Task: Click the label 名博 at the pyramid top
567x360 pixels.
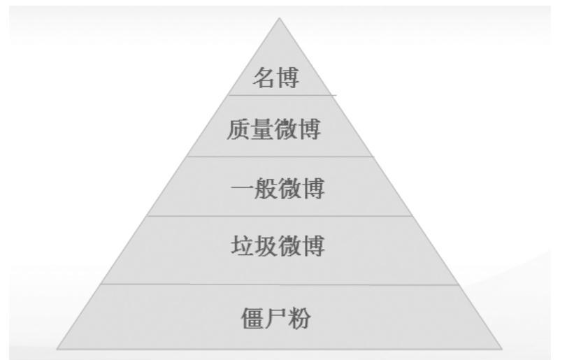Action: (x=275, y=78)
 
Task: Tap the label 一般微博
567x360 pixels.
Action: (x=277, y=189)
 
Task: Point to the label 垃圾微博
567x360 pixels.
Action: (x=278, y=247)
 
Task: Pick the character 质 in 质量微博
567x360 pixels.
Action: (x=239, y=130)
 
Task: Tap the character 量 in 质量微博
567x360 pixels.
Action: (x=263, y=130)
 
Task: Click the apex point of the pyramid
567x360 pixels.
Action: (x=280, y=19)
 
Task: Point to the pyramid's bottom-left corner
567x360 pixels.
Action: (x=57, y=348)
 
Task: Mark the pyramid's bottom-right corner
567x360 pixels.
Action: (x=501, y=348)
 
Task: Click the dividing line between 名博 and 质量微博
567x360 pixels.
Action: (x=280, y=95)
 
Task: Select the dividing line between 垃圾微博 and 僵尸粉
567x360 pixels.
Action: (x=280, y=285)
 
